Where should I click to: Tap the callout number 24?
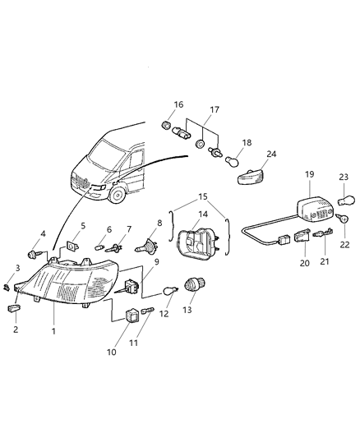point(270,153)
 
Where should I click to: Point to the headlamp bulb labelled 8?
point(150,245)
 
